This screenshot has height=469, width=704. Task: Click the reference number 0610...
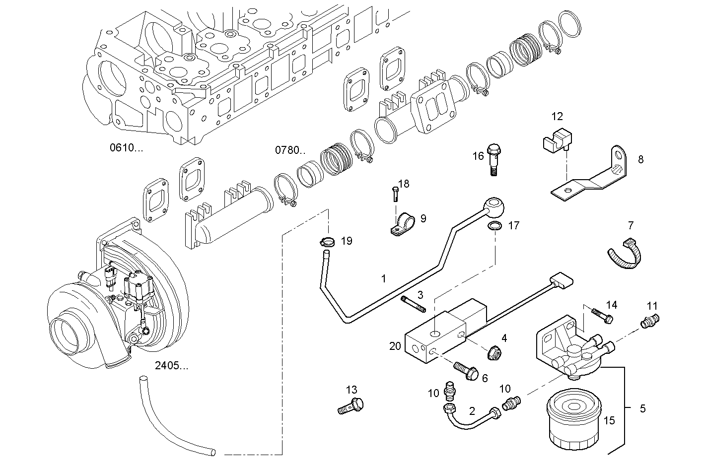point(126,147)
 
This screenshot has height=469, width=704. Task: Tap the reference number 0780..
point(290,149)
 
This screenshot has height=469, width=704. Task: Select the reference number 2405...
point(171,366)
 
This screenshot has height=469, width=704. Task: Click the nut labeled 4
point(494,353)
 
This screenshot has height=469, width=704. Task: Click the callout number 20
point(395,346)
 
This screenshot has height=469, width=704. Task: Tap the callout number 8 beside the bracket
point(640,159)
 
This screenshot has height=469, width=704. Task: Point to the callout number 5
point(642,409)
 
